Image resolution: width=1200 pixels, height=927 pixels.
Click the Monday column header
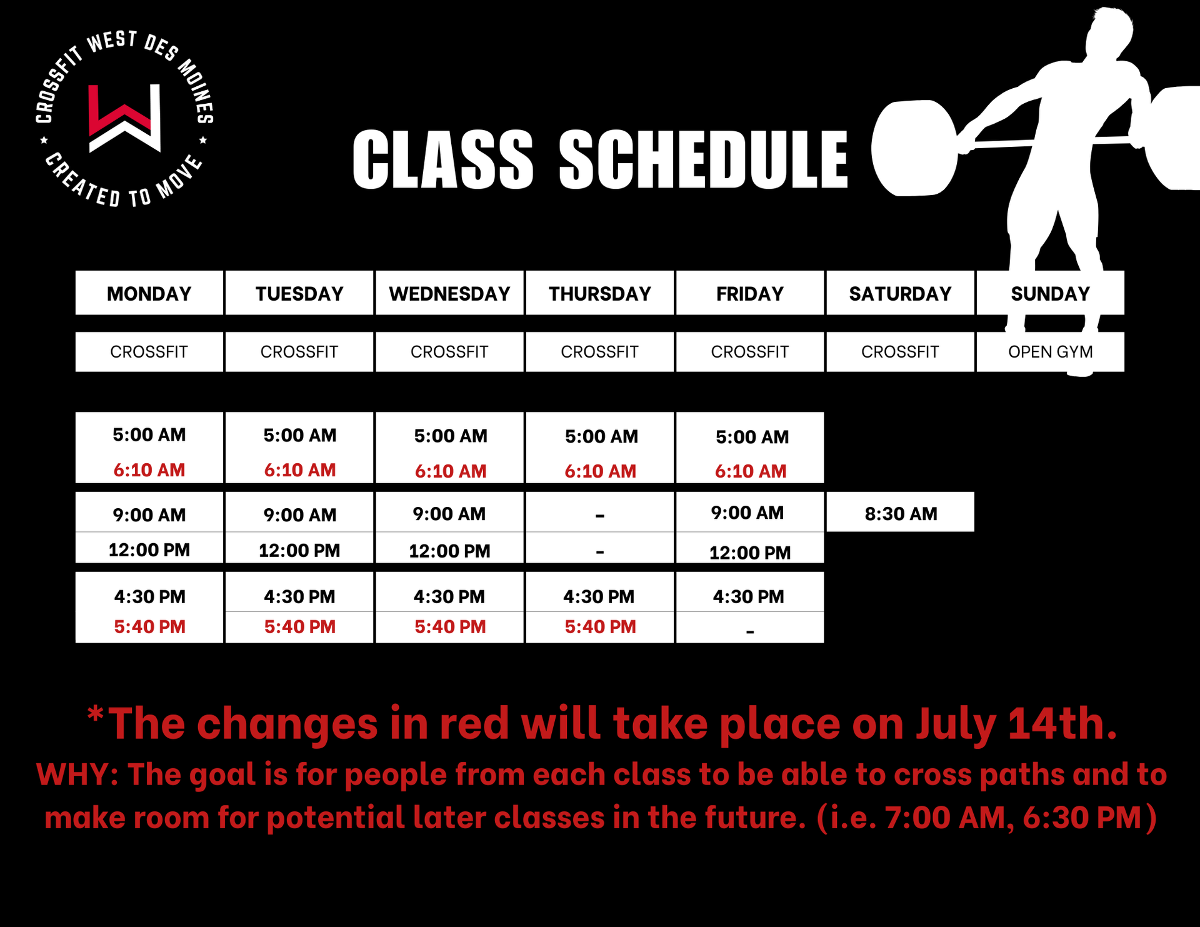pyautogui.click(x=149, y=293)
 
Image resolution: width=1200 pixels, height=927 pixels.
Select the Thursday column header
pyautogui.click(x=600, y=293)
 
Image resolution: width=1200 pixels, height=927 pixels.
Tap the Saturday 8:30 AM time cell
pyautogui.click(x=901, y=513)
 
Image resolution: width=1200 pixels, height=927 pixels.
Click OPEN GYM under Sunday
pyautogui.click(x=1050, y=352)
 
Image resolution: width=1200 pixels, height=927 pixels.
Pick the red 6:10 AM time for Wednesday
pyautogui.click(x=451, y=471)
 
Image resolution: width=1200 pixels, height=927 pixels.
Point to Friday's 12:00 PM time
pyautogui.click(x=750, y=553)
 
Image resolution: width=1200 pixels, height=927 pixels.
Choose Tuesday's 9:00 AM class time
pyautogui.click(x=300, y=515)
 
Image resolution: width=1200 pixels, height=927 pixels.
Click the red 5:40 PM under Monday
pyautogui.click(x=149, y=626)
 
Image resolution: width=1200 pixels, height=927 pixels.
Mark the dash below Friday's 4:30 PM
pyautogui.click(x=750, y=632)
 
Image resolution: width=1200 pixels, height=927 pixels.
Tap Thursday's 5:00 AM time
pyautogui.click(x=601, y=436)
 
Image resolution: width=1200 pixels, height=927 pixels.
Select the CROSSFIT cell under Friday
pyautogui.click(x=750, y=352)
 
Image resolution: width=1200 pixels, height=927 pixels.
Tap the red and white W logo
pyautogui.click(x=124, y=118)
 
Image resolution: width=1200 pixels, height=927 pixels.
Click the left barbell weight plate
pyautogui.click(x=914, y=148)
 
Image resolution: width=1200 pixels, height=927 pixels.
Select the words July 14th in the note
pyautogui.click(x=1017, y=724)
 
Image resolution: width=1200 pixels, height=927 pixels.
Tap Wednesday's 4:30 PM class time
pyautogui.click(x=449, y=596)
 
